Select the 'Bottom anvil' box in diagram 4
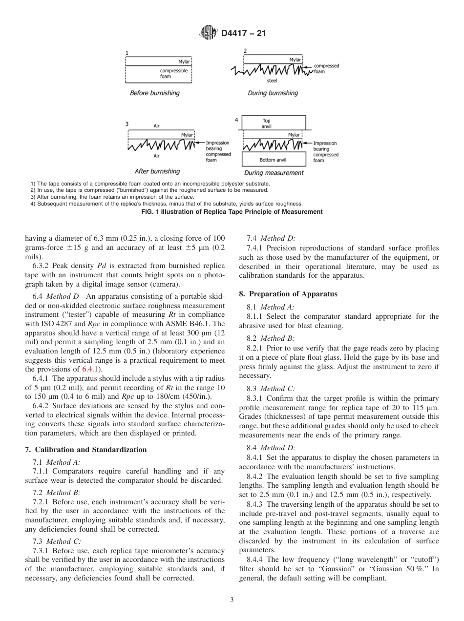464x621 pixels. coord(273,160)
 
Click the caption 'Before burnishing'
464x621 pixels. coord(154,93)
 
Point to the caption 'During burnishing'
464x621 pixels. coord(273,93)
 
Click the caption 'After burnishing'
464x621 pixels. coord(157,171)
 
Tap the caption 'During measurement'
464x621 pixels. coord(274,173)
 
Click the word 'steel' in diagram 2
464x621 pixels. coord(272,81)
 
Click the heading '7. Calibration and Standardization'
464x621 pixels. coord(85,450)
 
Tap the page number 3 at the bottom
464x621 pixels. coord(232,600)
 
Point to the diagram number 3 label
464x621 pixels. coord(127,124)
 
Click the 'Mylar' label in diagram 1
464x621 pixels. coord(184,62)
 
